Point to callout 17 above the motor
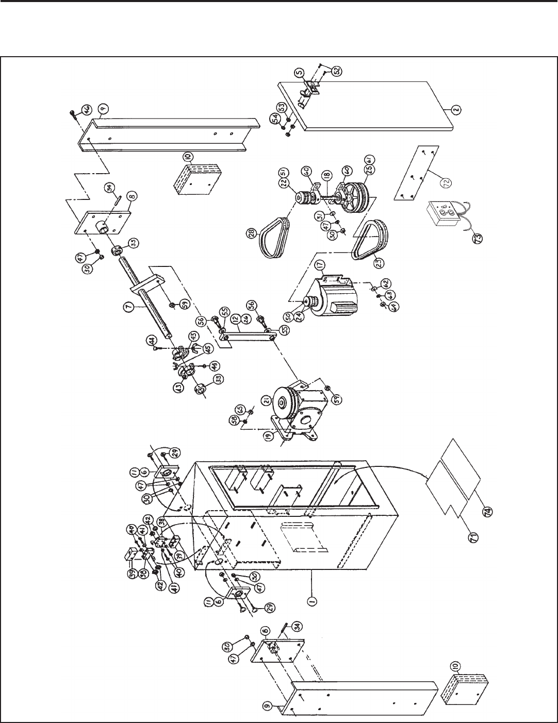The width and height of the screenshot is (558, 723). (320, 265)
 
